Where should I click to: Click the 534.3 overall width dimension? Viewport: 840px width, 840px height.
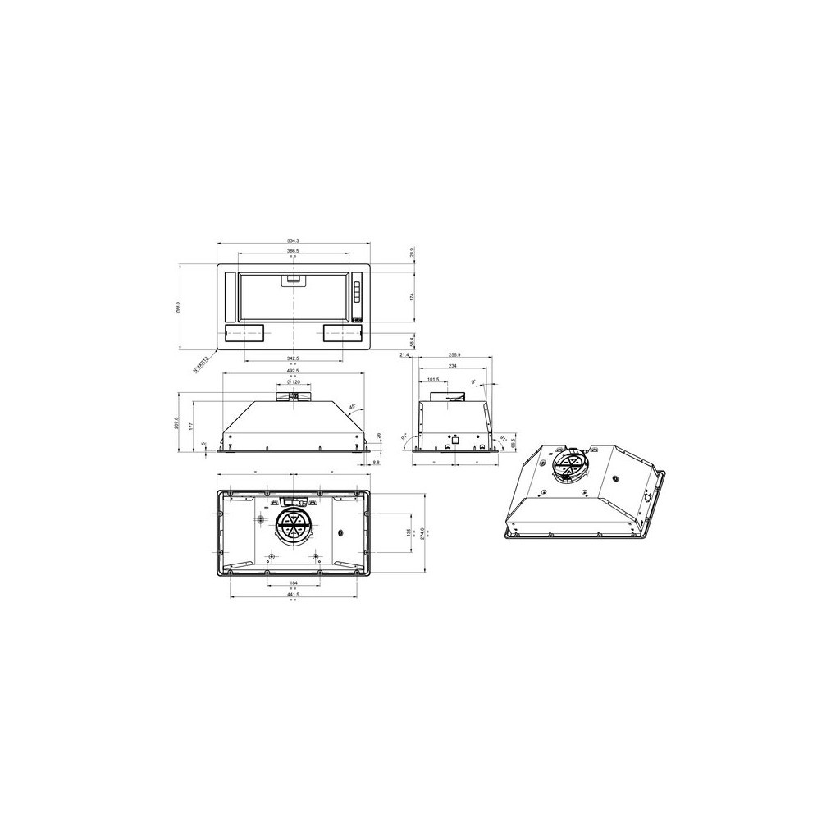pos(294,240)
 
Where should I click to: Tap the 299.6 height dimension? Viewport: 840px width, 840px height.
pos(178,308)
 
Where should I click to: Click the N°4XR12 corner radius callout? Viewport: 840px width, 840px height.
pos(201,363)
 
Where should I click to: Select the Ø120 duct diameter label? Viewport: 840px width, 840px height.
pos(294,383)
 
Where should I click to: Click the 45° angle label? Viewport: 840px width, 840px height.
pos(353,407)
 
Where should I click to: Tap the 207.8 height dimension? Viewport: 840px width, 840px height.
pos(178,423)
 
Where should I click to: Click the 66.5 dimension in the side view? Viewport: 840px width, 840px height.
pos(513,442)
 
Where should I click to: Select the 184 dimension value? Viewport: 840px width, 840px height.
pos(294,583)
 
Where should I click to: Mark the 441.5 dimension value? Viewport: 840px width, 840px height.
pos(294,594)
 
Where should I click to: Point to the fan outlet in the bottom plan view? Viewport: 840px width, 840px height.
pos(291,526)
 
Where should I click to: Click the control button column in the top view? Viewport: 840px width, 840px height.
pos(358,294)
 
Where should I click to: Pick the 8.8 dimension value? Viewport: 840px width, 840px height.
pos(376,463)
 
